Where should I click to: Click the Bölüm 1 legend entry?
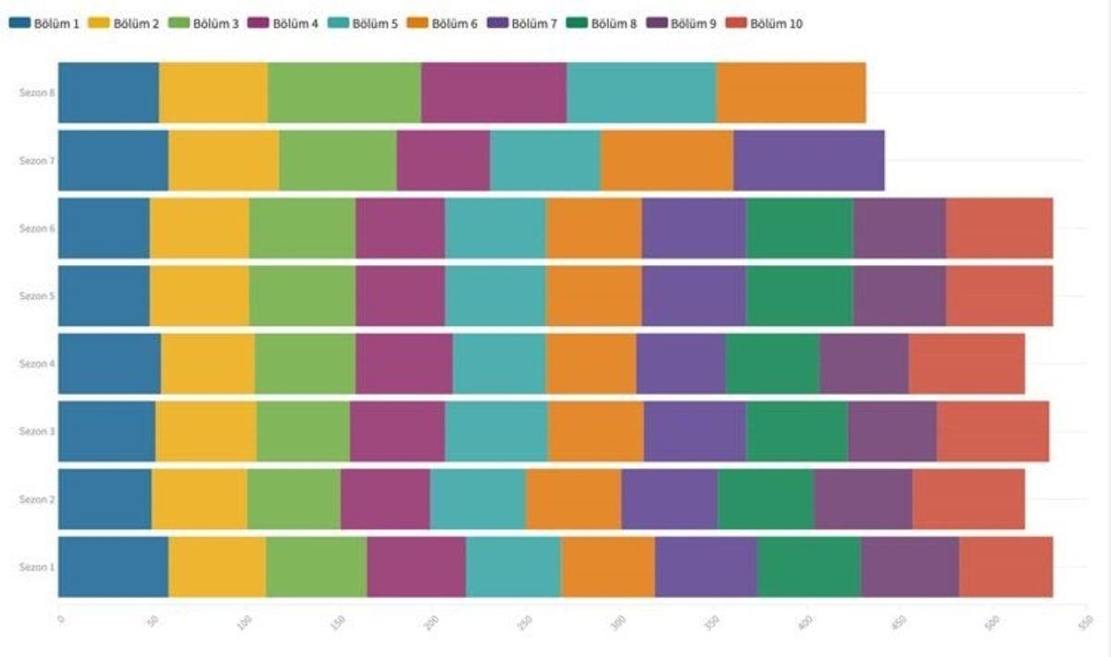tap(44, 23)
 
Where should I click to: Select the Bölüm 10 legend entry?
tap(766, 23)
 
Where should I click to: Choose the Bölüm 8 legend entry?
tap(604, 23)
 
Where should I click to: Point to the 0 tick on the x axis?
tap(60, 619)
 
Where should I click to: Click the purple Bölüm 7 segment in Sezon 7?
tap(808, 160)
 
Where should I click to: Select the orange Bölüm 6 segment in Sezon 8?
tap(791, 93)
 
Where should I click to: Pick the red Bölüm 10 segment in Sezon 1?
tap(1005, 566)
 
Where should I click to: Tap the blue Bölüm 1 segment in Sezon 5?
tap(104, 296)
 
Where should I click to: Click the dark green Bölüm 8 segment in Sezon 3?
tap(797, 431)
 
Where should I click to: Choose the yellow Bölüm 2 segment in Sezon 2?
tap(199, 499)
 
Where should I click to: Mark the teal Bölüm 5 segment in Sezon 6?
tap(495, 228)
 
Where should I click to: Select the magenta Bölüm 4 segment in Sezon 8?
tap(493, 93)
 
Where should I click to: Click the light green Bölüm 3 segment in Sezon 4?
tap(305, 363)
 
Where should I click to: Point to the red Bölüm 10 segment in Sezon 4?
tap(966, 363)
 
